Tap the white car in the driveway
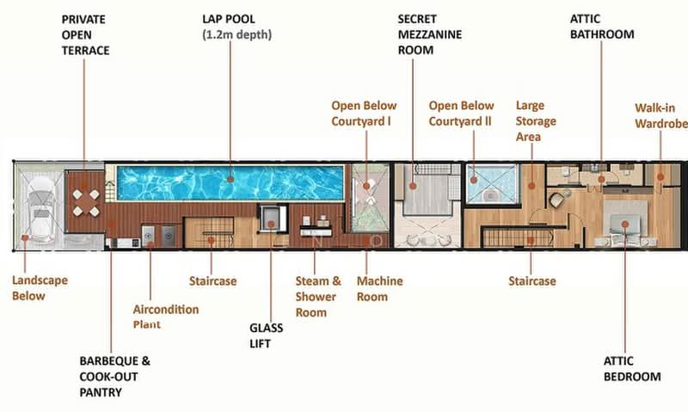pyautogui.click(x=40, y=206)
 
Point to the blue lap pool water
pyautogui.click(x=230, y=182)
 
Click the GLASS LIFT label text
pyautogui.click(x=266, y=335)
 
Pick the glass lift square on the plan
pyautogui.click(x=273, y=218)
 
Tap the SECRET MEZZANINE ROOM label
pyautogui.click(x=429, y=34)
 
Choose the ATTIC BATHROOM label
pyautogui.click(x=601, y=27)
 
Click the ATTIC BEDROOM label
pyautogui.click(x=632, y=369)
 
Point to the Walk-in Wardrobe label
pyautogui.click(x=661, y=116)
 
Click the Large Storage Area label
pyautogui.click(x=536, y=121)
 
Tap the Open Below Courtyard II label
pyautogui.click(x=461, y=114)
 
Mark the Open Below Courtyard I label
pyautogui.click(x=364, y=114)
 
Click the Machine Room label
pyautogui.click(x=379, y=289)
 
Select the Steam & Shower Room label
pyautogui.click(x=318, y=297)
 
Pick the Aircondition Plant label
pyautogui.click(x=165, y=317)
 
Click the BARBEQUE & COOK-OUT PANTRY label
pyautogui.click(x=114, y=377)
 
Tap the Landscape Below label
pyautogui.click(x=40, y=288)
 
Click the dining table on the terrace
pyautogui.click(x=86, y=203)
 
